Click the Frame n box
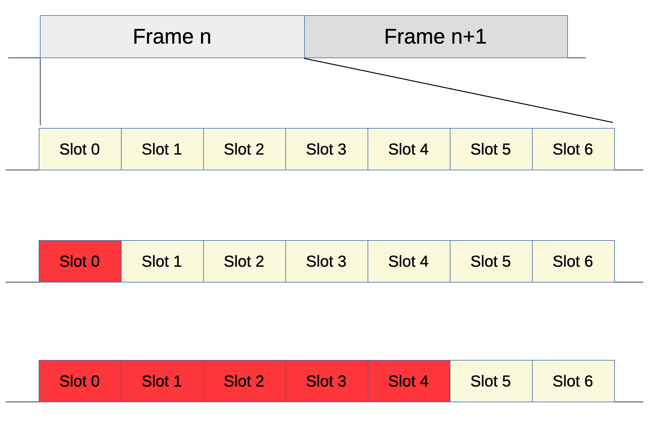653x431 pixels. coord(172,37)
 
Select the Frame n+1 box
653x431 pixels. coord(436,37)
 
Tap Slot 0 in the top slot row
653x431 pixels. coord(80,149)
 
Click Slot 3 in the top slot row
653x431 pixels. coord(326,149)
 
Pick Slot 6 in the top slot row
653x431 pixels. coord(573,149)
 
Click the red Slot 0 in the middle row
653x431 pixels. coord(80,261)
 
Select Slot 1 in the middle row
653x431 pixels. coord(162,261)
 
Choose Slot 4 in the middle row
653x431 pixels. coord(409,261)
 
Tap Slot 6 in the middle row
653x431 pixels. coord(573,261)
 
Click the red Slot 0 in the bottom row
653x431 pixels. coord(80,381)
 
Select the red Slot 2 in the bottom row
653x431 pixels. coord(244,381)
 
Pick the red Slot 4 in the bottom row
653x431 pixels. coord(409,381)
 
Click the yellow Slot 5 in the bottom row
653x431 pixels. coord(491,381)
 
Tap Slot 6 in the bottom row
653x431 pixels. coord(573,381)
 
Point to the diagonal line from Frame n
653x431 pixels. coord(458,90)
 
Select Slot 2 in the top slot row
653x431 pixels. coord(244,149)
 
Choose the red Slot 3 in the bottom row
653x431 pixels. coord(326,381)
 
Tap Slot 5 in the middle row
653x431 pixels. coord(491,261)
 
